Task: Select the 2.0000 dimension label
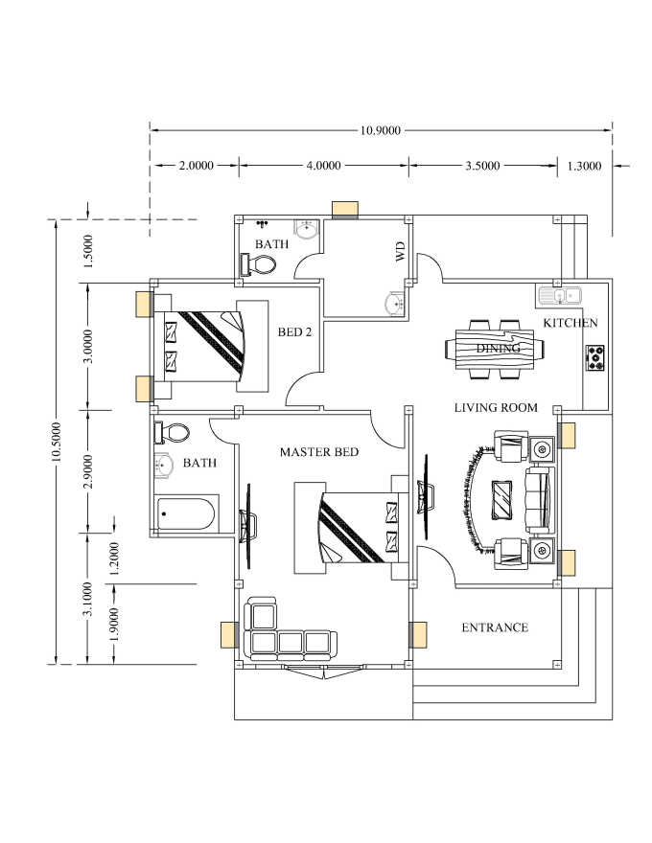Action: [196, 166]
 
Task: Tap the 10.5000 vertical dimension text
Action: [57, 442]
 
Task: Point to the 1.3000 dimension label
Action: [584, 166]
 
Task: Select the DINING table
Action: [496, 347]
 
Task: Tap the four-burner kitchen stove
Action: [594, 357]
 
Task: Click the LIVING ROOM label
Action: [495, 408]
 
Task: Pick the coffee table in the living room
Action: [501, 499]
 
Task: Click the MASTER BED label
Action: [319, 451]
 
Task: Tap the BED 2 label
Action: [295, 332]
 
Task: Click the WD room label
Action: [400, 253]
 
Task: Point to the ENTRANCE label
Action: [495, 628]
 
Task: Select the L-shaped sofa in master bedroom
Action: [284, 632]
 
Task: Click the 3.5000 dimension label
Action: [482, 166]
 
